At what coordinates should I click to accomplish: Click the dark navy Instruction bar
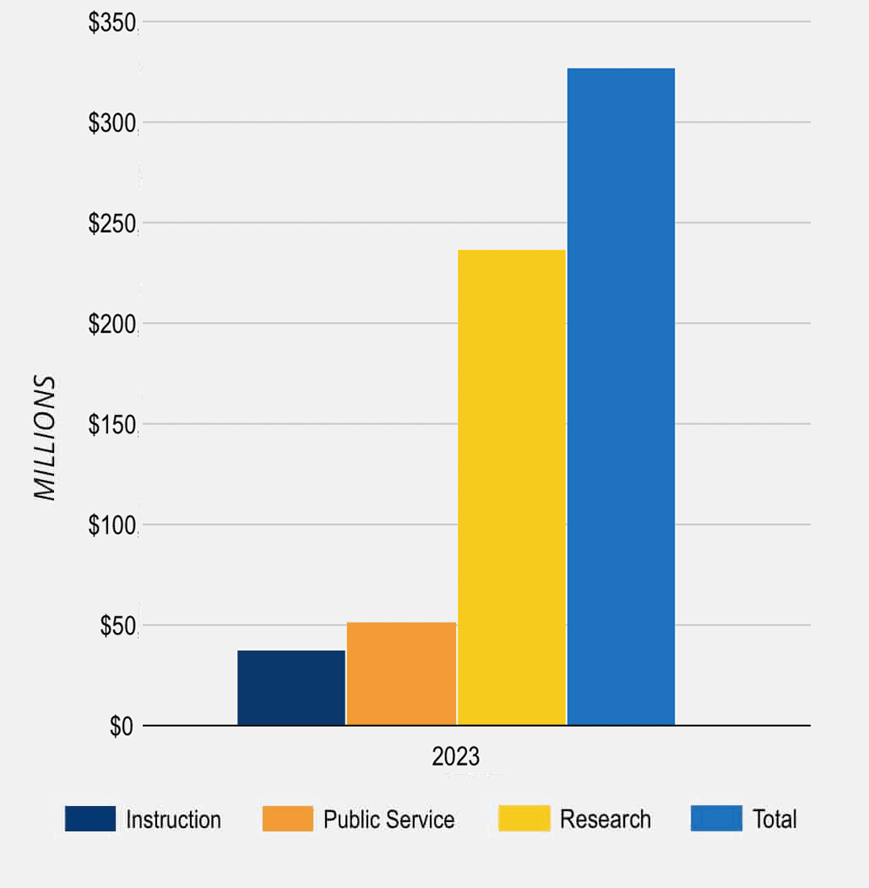pos(291,688)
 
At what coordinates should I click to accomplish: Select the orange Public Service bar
pos(401,673)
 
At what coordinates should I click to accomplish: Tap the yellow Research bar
pos(512,488)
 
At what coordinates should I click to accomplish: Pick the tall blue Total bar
pos(621,396)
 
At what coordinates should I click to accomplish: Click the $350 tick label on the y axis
pos(112,23)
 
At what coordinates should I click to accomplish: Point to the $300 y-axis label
pos(112,123)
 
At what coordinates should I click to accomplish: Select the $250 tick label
pos(112,224)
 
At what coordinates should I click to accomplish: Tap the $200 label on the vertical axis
pos(112,324)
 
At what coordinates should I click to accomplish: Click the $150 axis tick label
pos(112,425)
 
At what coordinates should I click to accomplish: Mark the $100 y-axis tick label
pos(112,526)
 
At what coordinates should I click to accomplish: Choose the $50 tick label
pos(117,626)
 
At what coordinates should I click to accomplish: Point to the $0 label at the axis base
pos(122,727)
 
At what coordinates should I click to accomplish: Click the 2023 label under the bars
pos(455,755)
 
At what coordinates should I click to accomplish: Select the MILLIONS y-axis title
pos(45,438)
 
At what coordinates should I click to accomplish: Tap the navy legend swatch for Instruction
pos(90,819)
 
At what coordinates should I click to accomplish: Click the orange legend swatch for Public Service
pos(287,819)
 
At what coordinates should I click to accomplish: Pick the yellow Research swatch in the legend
pos(524,819)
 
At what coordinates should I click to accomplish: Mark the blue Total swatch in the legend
pos(716,819)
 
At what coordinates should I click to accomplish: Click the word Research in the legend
pos(606,820)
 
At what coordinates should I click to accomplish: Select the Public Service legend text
pos(388,820)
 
